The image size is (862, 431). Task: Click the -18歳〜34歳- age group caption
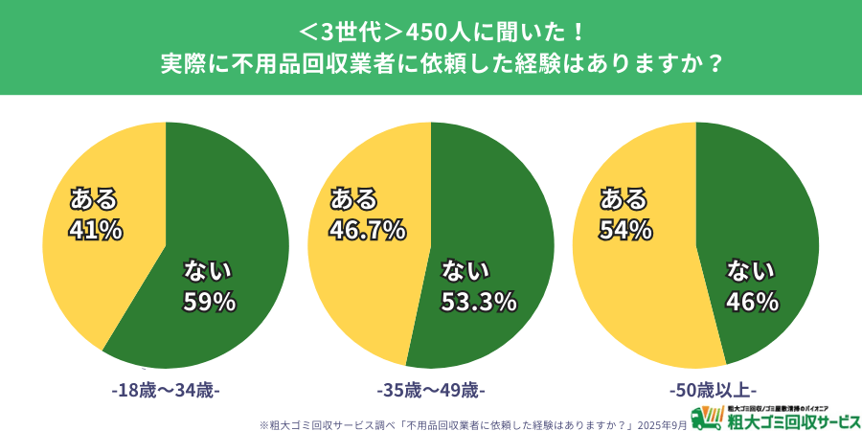tap(166, 391)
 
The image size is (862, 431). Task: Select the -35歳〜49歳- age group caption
tap(431, 391)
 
